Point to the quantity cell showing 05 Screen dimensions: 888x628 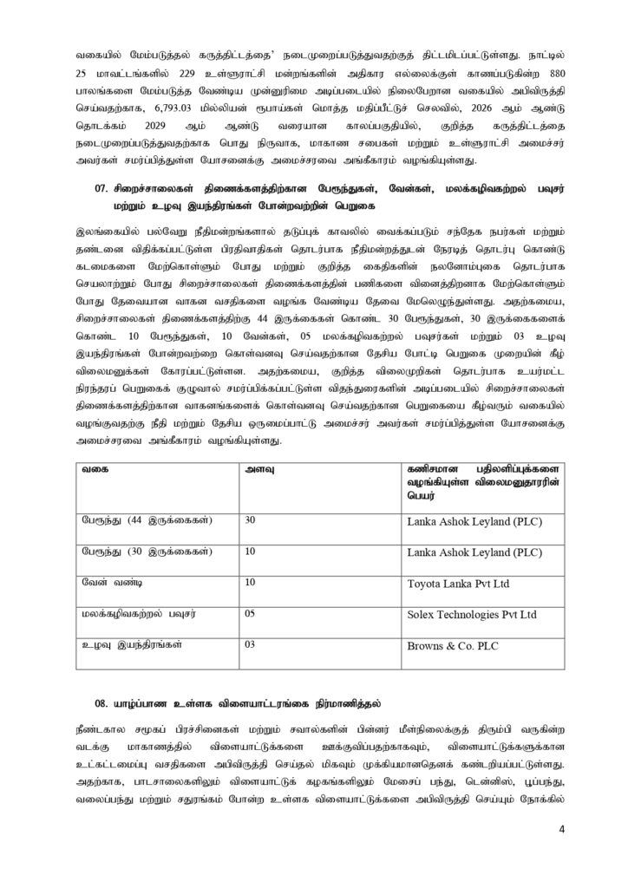pos(252,614)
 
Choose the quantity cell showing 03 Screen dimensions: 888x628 pos(252,645)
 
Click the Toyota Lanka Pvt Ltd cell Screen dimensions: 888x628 pos(456,584)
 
